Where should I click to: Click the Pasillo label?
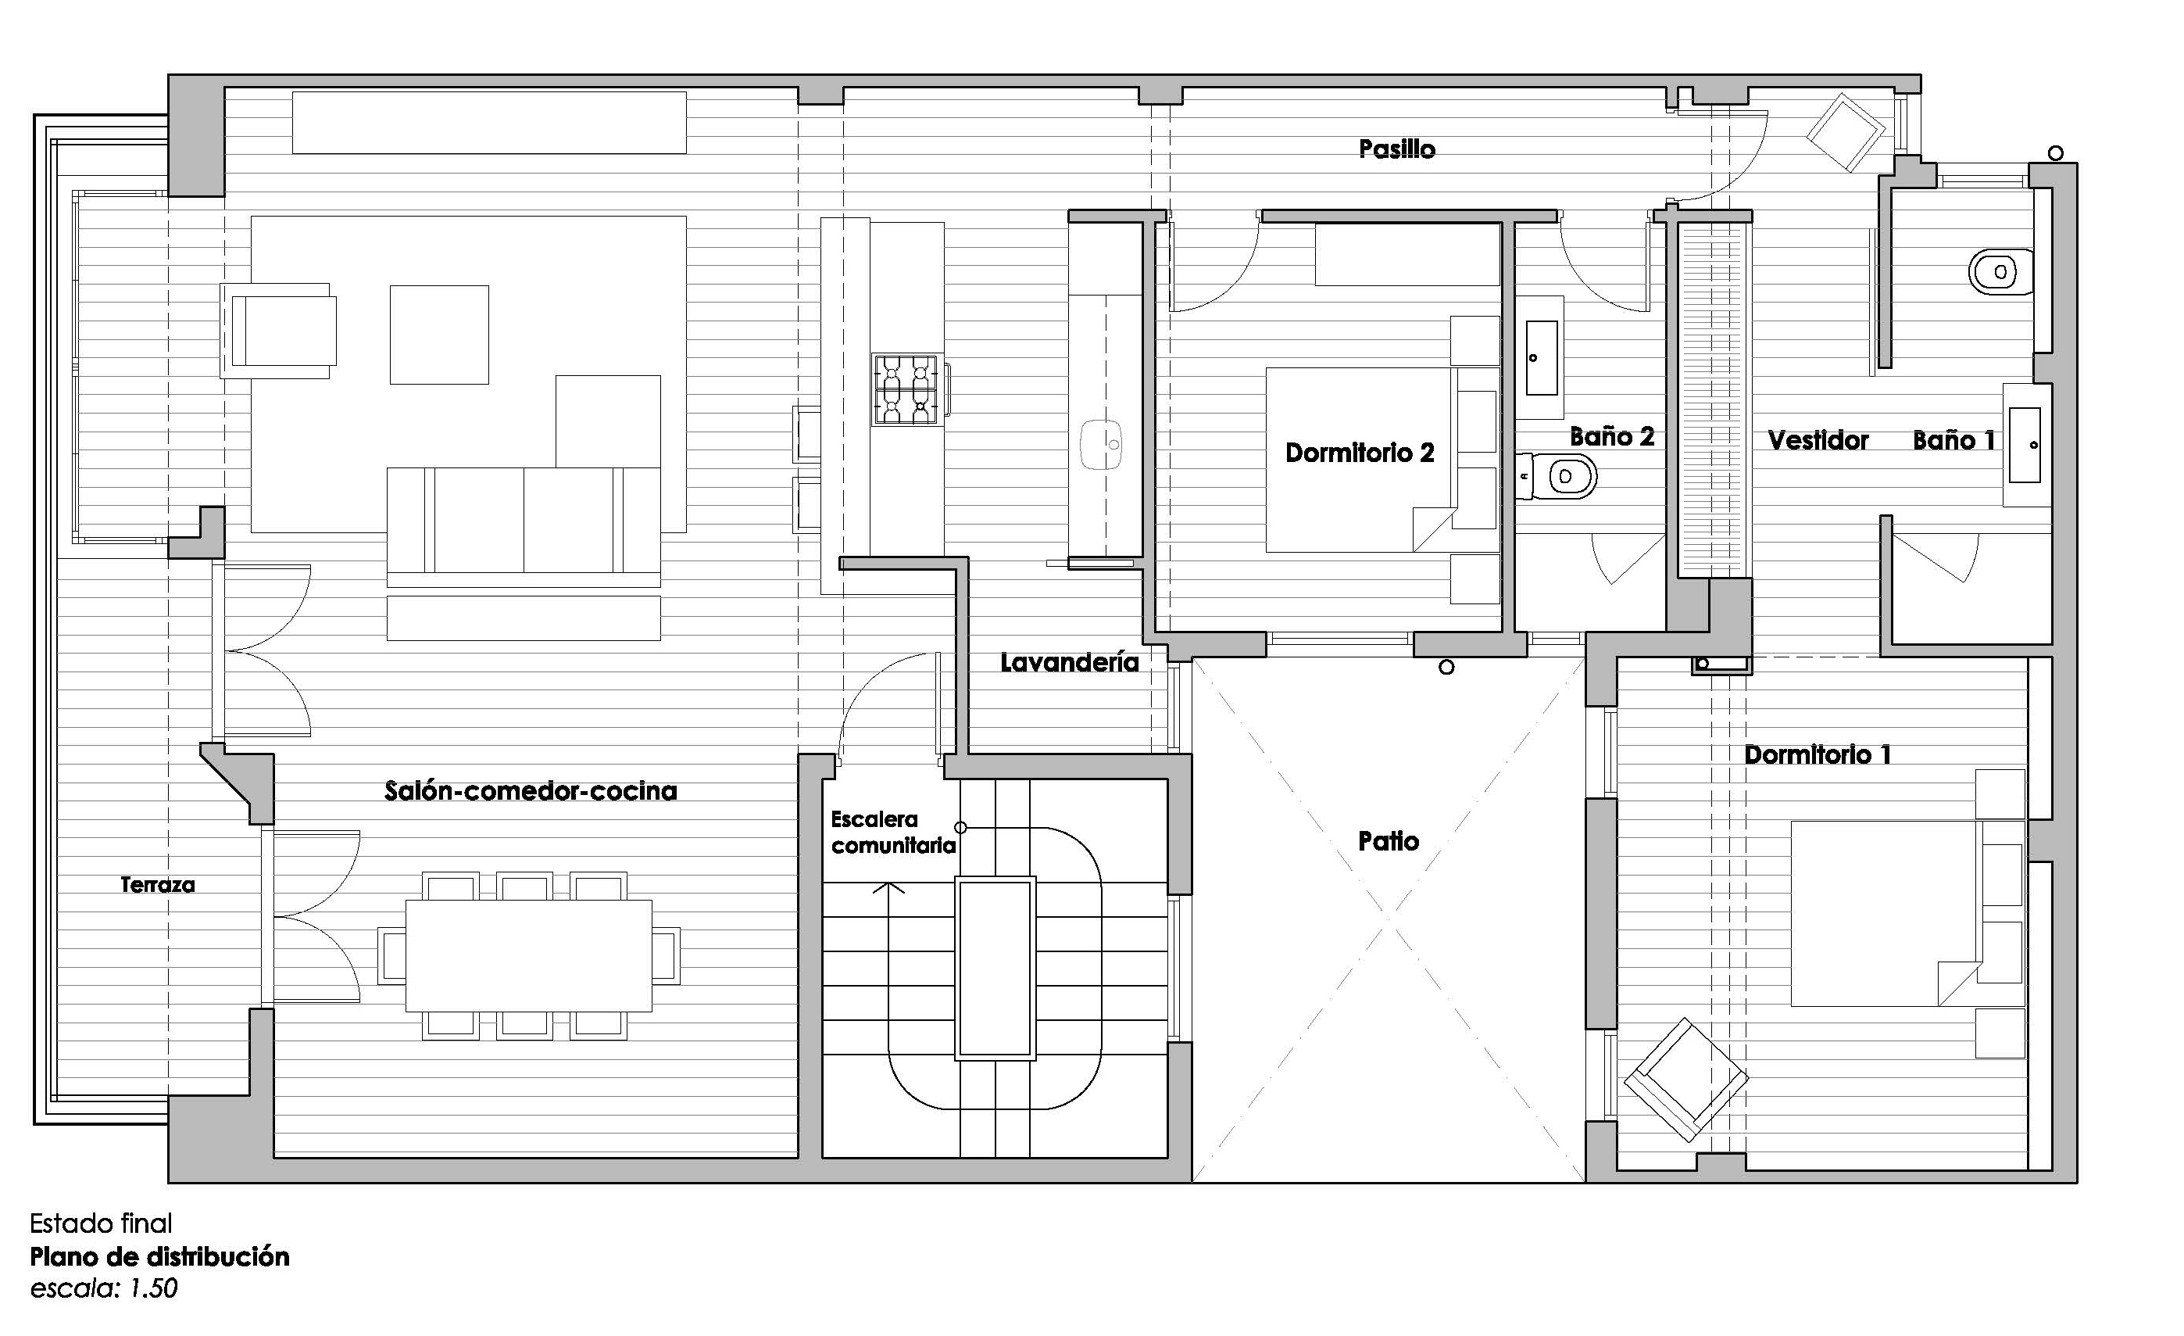coord(1397,149)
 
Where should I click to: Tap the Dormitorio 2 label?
coord(1360,453)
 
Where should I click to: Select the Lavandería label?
coord(1069,662)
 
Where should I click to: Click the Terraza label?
coord(158,885)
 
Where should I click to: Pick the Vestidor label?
coord(1818,441)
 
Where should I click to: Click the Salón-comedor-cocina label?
coord(530,791)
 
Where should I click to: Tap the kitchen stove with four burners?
coord(905,389)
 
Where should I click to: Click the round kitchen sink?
coord(1101,444)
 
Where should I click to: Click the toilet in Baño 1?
coord(2000,271)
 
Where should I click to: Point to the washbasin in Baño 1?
coord(2025,445)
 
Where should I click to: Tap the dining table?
coord(528,955)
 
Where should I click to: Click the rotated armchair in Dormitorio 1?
coord(1686,1079)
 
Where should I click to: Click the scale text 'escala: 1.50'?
coord(104,1289)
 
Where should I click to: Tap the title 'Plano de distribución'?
coord(159,1257)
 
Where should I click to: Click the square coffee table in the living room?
coord(440,335)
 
